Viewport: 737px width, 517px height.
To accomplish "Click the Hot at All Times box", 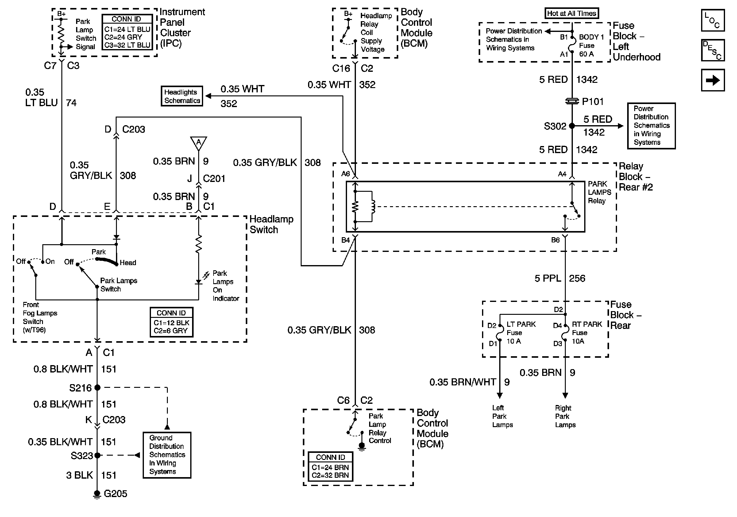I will point(571,14).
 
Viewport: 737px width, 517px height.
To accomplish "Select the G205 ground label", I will point(115,494).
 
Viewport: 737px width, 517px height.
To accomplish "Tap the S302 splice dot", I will point(572,126).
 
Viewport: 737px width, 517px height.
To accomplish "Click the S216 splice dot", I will point(97,388).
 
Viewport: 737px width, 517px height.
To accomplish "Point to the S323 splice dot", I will point(97,455).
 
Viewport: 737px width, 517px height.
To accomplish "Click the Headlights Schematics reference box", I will point(182,96).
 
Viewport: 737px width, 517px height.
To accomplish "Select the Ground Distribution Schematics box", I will point(167,455).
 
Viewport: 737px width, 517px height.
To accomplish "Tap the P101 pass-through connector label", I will point(592,102).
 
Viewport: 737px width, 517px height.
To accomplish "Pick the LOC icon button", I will point(712,21).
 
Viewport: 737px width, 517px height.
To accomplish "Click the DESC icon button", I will point(712,50).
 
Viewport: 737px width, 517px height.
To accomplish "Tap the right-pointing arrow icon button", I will point(712,80).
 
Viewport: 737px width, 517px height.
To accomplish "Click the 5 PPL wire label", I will point(548,278).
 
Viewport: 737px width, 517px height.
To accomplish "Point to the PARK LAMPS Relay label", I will point(599,192).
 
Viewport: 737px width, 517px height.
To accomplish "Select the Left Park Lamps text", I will point(502,416).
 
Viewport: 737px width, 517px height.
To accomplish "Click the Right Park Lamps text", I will point(565,416).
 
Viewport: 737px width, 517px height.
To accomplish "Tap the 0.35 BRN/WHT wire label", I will point(463,382).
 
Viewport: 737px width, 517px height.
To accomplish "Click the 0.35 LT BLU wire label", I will point(41,98).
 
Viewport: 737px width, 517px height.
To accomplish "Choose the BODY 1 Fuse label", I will point(591,45).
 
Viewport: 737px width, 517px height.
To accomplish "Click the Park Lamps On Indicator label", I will point(225,286).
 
